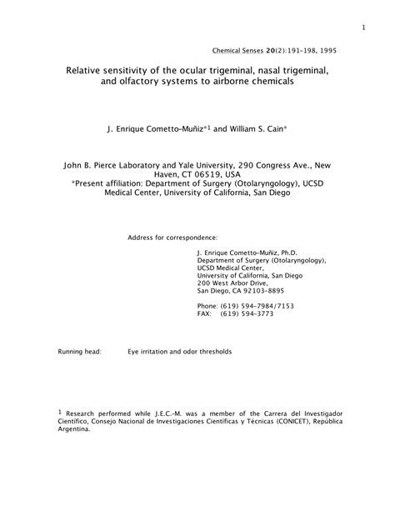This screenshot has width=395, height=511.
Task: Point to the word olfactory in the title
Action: tap(152, 84)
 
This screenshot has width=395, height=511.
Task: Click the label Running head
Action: tap(79, 353)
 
